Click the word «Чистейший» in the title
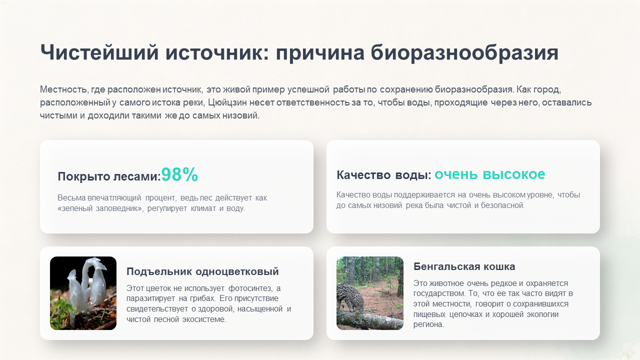(x=99, y=52)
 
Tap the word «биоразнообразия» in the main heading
(x=464, y=53)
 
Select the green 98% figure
(x=179, y=174)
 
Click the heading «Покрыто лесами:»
(x=109, y=176)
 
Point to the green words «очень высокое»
(x=489, y=174)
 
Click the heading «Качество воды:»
(x=383, y=174)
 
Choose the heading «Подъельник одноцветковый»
(x=202, y=271)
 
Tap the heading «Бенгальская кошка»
(x=464, y=266)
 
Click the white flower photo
(x=83, y=293)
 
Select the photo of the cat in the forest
(x=370, y=293)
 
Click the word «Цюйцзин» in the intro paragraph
(x=227, y=102)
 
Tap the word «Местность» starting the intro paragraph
(x=63, y=89)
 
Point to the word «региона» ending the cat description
(x=428, y=324)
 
